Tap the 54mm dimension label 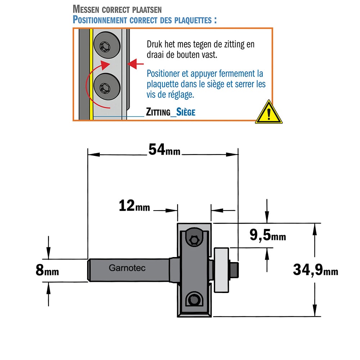(165, 149)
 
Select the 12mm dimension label (134, 205)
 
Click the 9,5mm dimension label (268, 235)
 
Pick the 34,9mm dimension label (315, 270)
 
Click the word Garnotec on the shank (127, 268)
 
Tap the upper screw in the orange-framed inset (107, 46)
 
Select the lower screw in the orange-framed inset (107, 86)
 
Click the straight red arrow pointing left (135, 64)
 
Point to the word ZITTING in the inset (158, 112)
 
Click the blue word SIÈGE (186, 112)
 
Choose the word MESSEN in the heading (86, 9)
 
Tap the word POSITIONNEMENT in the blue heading (100, 20)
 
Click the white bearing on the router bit (221, 270)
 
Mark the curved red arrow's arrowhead (105, 65)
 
